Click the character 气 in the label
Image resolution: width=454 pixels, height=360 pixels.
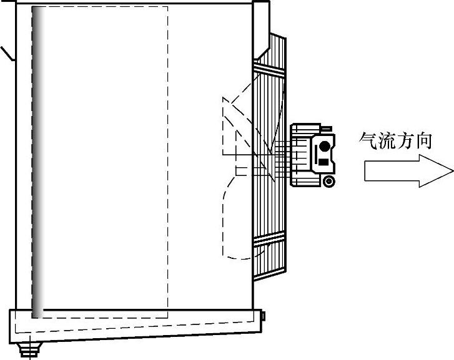click(x=368, y=140)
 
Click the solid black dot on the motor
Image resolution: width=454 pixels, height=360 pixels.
click(x=323, y=147)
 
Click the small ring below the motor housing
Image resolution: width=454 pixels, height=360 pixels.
click(x=328, y=182)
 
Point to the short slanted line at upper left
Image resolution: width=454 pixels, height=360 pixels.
click(x=7, y=52)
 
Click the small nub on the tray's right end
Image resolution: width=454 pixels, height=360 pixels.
click(x=264, y=316)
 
